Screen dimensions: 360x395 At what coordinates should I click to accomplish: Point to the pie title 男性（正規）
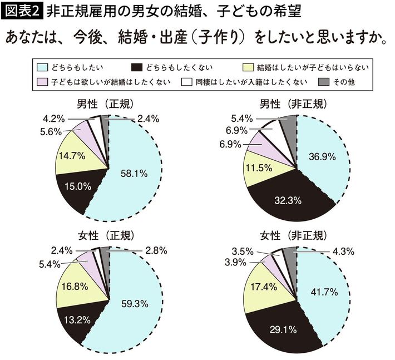(107, 105)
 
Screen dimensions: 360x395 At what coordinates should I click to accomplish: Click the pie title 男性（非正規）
(294, 105)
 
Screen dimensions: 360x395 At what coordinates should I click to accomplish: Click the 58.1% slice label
(134, 173)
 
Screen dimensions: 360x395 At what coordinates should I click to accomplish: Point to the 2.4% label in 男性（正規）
(148, 118)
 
